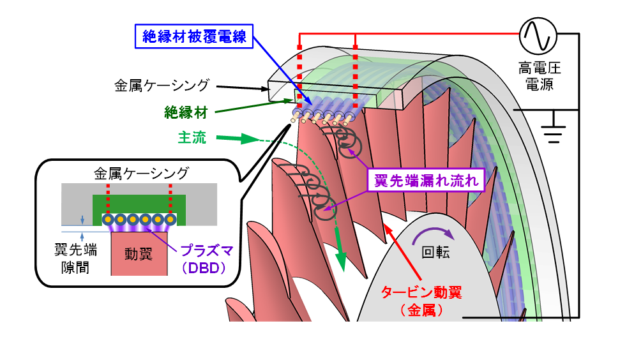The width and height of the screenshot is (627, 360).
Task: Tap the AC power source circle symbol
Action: pos(537,36)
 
